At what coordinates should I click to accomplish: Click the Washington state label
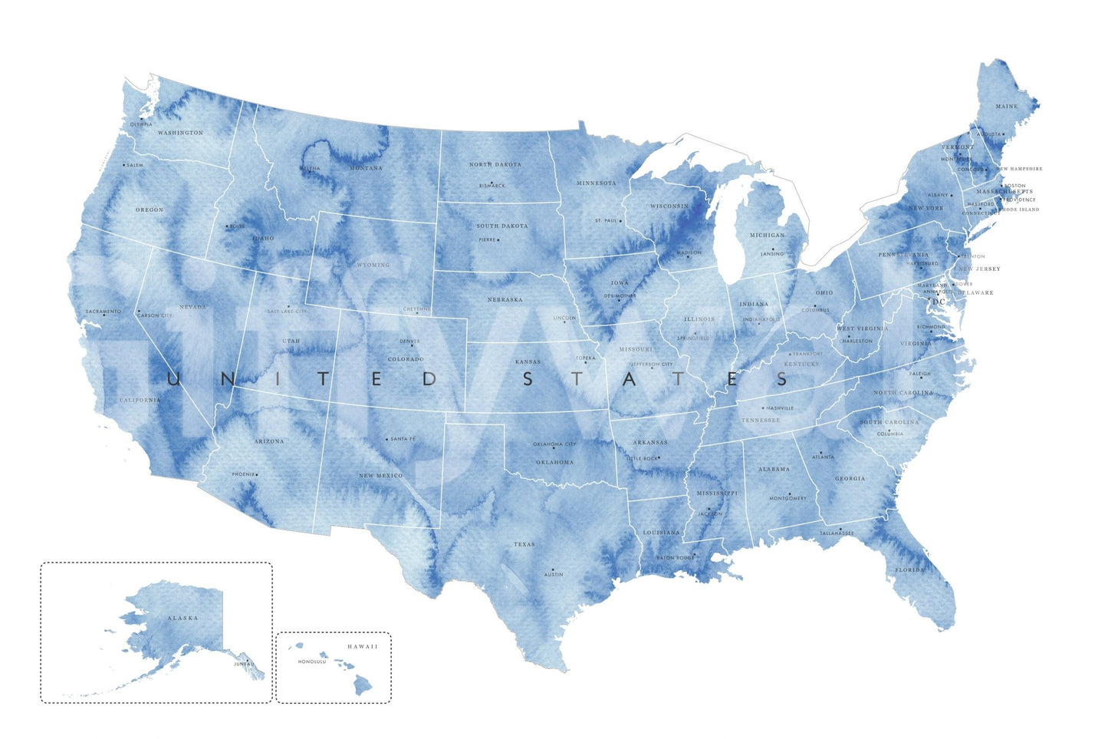pyautogui.click(x=180, y=133)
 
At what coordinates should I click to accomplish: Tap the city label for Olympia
pyautogui.click(x=141, y=124)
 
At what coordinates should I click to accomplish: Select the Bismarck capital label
pyautogui.click(x=492, y=186)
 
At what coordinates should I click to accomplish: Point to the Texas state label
pyautogui.click(x=524, y=545)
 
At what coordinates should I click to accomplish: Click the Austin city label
pyautogui.click(x=553, y=575)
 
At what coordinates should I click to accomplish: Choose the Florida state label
pyautogui.click(x=910, y=570)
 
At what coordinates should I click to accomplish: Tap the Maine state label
pyautogui.click(x=1007, y=107)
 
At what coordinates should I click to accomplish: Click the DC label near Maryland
pyautogui.click(x=939, y=302)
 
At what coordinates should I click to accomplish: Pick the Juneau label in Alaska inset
pyautogui.click(x=244, y=664)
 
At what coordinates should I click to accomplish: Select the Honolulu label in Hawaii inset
pyautogui.click(x=312, y=661)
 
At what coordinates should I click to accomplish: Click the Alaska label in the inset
pyautogui.click(x=182, y=618)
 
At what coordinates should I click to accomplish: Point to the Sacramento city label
pyautogui.click(x=104, y=312)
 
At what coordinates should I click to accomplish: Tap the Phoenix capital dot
pyautogui.click(x=257, y=474)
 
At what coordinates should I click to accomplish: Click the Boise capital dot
pyautogui.click(x=227, y=226)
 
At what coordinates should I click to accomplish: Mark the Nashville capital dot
pyautogui.click(x=764, y=408)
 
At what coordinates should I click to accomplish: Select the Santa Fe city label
pyautogui.click(x=403, y=439)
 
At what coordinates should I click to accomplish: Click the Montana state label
pyautogui.click(x=366, y=168)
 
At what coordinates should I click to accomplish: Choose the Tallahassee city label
pyautogui.click(x=837, y=533)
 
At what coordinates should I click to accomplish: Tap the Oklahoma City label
pyautogui.click(x=554, y=444)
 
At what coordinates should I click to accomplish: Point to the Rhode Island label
pyautogui.click(x=1017, y=209)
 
